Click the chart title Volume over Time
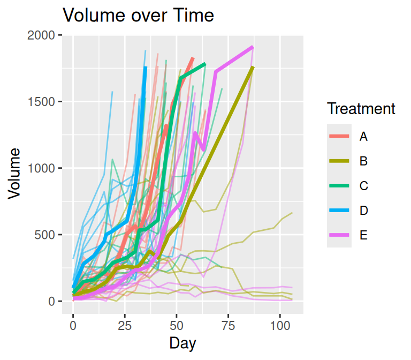tap(139, 16)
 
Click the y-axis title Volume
tap(15, 174)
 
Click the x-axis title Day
tap(182, 343)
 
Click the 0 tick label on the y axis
tap(51, 301)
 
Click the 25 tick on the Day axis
tap(125, 326)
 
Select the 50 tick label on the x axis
tap(177, 326)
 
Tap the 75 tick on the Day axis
tap(229, 326)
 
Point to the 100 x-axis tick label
tap(280, 326)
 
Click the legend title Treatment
tap(361, 109)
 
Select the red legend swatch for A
tap(339, 137)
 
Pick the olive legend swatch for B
tap(339, 161)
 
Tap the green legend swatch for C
tap(339, 186)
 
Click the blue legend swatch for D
tap(339, 211)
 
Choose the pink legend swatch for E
tap(339, 235)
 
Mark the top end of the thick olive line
tap(253, 67)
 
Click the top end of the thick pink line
tap(253, 47)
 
